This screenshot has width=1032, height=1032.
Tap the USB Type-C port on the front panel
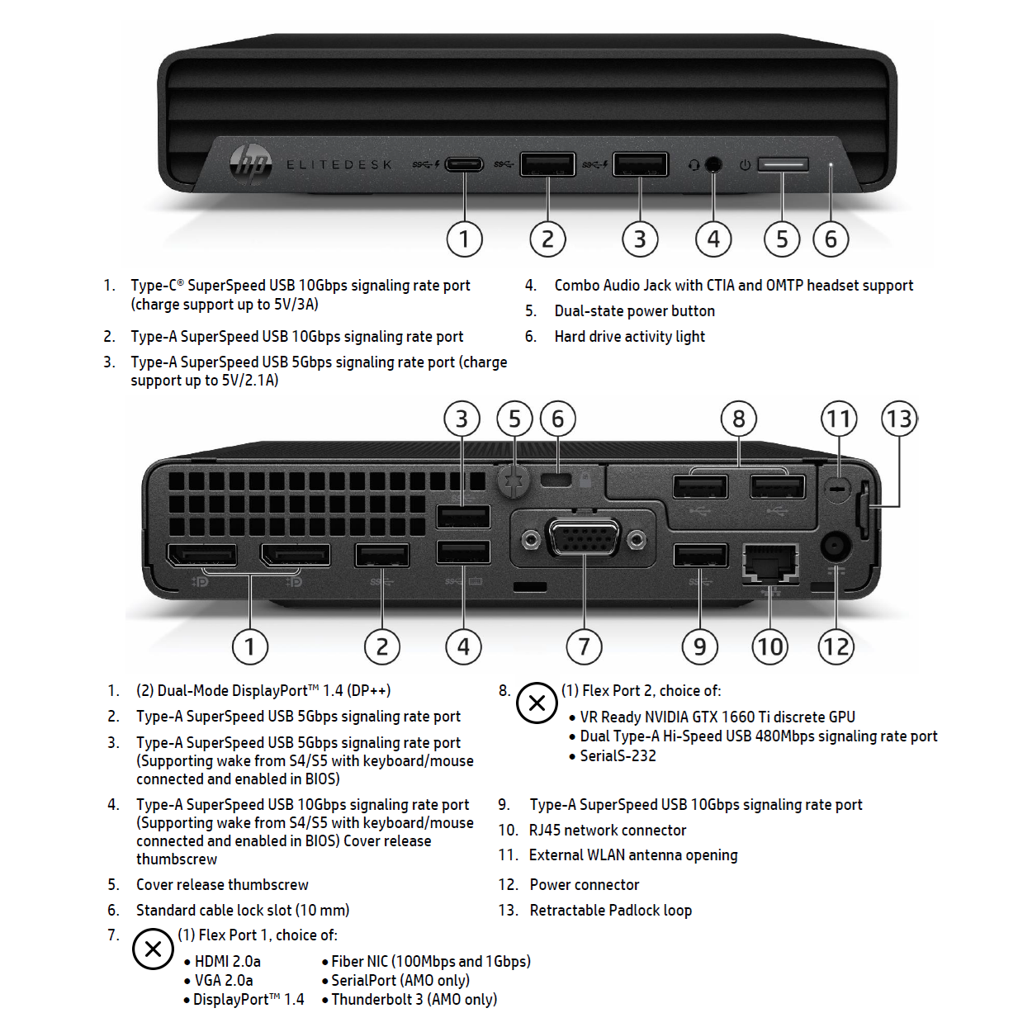coord(464,163)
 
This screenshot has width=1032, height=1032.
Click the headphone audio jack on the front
coord(713,164)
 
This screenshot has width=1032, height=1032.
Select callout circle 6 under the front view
coord(831,239)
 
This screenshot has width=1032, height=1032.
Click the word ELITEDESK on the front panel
coord(339,165)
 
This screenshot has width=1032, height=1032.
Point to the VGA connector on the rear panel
coord(584,540)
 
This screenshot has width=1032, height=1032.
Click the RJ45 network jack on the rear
coord(770,563)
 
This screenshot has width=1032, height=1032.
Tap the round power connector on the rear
coord(835,546)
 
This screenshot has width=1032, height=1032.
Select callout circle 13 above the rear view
coord(899,419)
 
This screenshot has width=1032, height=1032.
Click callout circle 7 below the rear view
coord(584,646)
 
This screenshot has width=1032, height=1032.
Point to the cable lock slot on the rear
coord(557,480)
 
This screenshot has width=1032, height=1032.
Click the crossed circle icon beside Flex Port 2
coord(537,703)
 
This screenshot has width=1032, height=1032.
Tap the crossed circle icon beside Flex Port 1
coord(153,949)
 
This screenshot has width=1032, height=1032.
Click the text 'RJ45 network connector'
coord(608,830)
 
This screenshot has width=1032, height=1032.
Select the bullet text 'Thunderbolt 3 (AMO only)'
coord(414,1000)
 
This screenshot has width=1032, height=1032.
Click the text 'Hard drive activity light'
coord(629,336)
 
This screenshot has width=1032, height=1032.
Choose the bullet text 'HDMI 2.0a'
coord(227,961)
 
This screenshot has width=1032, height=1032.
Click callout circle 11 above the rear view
coord(839,419)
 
